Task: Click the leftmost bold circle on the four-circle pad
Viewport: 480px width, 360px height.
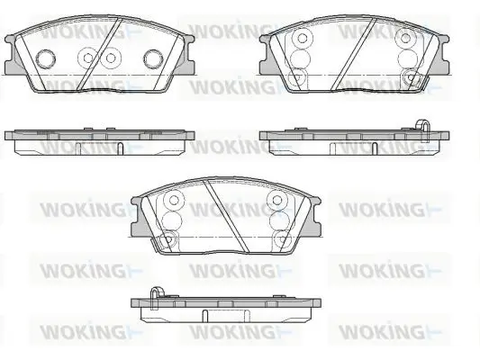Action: tap(46, 58)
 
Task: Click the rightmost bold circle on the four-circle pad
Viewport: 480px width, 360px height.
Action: tap(154, 58)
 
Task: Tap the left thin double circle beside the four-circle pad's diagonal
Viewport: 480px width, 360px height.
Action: tap(88, 58)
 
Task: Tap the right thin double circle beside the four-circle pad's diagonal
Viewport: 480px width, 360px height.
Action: tap(111, 58)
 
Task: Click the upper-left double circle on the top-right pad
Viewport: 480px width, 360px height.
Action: tap(303, 38)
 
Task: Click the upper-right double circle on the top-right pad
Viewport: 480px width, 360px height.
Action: tap(405, 38)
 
